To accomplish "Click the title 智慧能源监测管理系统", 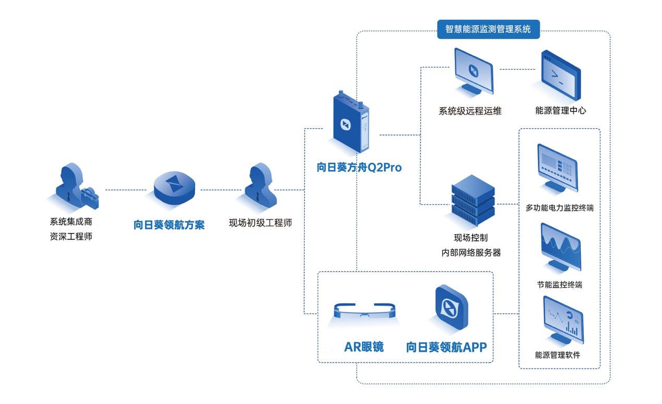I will pos(488,29).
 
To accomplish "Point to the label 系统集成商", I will pos(71,223).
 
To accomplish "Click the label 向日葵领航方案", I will pos(169,225).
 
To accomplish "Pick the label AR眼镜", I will pos(364,347).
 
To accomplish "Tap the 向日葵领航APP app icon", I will pos(451,309).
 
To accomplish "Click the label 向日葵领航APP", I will pos(450,347).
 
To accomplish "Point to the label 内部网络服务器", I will pos(471,253).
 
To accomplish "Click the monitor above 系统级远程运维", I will pos(473,71).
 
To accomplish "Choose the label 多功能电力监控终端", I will pos(559,208).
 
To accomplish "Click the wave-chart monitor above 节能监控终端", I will pos(560,248).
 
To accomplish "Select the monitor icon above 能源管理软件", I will pos(562,320).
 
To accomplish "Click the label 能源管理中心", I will pos(560,111).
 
